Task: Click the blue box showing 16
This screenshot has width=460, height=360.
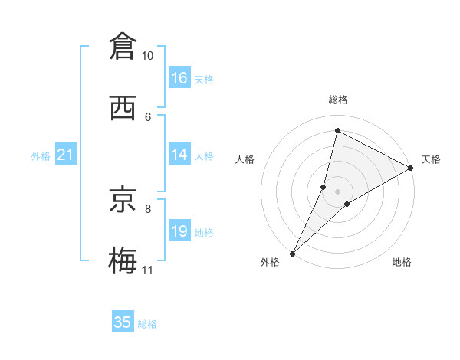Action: [x=179, y=78]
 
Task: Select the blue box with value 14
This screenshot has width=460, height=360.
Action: [x=179, y=155]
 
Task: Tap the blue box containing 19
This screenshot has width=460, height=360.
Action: [x=179, y=231]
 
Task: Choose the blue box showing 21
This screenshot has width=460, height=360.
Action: [x=65, y=155]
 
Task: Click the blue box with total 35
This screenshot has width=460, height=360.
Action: [x=123, y=322]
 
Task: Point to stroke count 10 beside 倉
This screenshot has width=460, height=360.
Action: [x=148, y=56]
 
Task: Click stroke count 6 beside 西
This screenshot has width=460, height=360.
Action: [x=148, y=116]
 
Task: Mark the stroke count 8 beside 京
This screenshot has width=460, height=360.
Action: [x=148, y=208]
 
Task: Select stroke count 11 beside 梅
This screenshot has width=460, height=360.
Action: [x=148, y=270]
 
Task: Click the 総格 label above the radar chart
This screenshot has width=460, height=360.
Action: [x=337, y=100]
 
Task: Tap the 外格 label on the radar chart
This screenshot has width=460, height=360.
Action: [x=270, y=263]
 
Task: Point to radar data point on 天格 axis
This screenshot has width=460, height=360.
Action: [x=411, y=169]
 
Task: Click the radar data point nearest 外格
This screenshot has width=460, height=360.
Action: [x=292, y=253]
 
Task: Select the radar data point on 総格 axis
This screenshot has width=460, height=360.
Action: [x=337, y=130]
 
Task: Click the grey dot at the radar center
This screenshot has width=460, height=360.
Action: [x=337, y=191]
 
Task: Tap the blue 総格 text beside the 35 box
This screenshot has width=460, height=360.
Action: [x=147, y=324]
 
